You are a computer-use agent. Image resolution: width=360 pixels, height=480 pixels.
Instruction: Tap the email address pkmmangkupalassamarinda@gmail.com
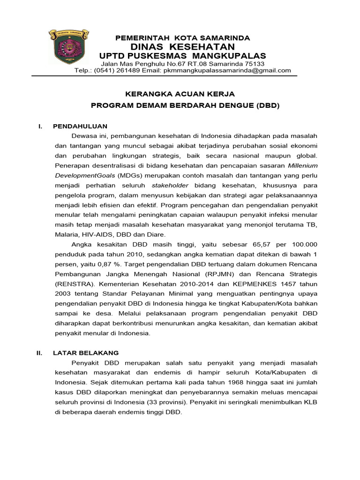click(227, 70)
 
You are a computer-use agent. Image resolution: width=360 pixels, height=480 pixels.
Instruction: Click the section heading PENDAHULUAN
click(80, 126)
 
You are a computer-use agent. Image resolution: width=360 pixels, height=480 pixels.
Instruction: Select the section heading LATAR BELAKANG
click(86, 352)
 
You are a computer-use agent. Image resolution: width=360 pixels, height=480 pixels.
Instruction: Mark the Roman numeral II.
click(40, 352)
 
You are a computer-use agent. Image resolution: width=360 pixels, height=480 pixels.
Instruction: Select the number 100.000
click(301, 244)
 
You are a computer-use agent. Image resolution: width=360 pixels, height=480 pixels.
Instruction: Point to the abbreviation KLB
click(310, 402)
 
